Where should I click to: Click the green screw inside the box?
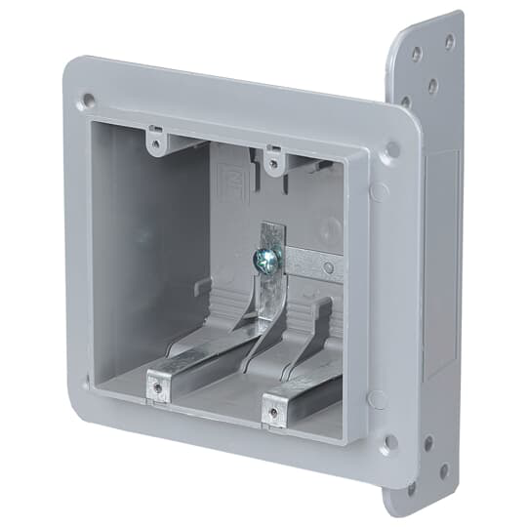[266, 259]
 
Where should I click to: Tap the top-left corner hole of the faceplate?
[88, 99]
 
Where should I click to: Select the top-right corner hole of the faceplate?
[391, 150]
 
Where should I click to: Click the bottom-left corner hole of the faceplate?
[87, 382]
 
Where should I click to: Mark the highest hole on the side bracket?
[449, 41]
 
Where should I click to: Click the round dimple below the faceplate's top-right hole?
[381, 189]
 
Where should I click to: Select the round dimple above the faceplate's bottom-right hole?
[378, 399]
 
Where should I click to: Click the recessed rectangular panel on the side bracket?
[441, 263]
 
